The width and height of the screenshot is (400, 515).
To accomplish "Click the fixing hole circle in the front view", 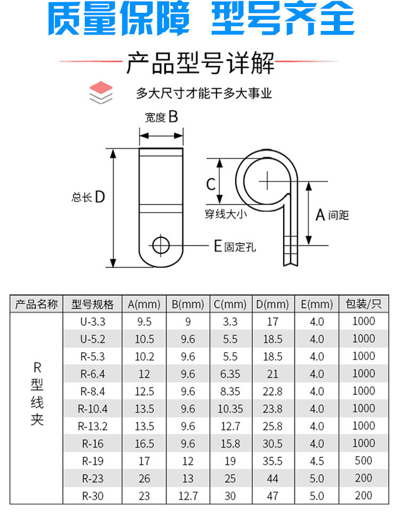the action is (x=161, y=246).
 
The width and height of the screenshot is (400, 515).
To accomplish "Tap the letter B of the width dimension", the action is (x=173, y=117).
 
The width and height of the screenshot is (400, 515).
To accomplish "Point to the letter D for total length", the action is (x=99, y=197).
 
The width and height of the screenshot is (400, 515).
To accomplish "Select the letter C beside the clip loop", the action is (x=211, y=184).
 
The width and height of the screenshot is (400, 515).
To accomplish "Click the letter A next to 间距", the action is (x=320, y=215).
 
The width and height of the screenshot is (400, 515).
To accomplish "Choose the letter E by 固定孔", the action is (x=218, y=246).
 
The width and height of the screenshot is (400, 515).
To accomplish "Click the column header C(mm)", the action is (x=230, y=304).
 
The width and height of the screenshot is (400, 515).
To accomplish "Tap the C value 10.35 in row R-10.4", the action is (x=230, y=409).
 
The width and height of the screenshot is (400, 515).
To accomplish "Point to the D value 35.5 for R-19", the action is (x=273, y=461).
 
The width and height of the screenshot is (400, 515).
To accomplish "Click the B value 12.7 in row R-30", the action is (x=188, y=496).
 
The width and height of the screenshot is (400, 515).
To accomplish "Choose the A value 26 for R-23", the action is (x=144, y=478).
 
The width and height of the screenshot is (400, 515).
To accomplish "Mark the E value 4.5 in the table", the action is (x=317, y=461).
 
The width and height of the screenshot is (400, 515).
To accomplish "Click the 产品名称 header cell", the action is (x=37, y=304).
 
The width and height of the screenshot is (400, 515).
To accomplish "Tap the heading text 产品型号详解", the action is (x=200, y=63).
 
